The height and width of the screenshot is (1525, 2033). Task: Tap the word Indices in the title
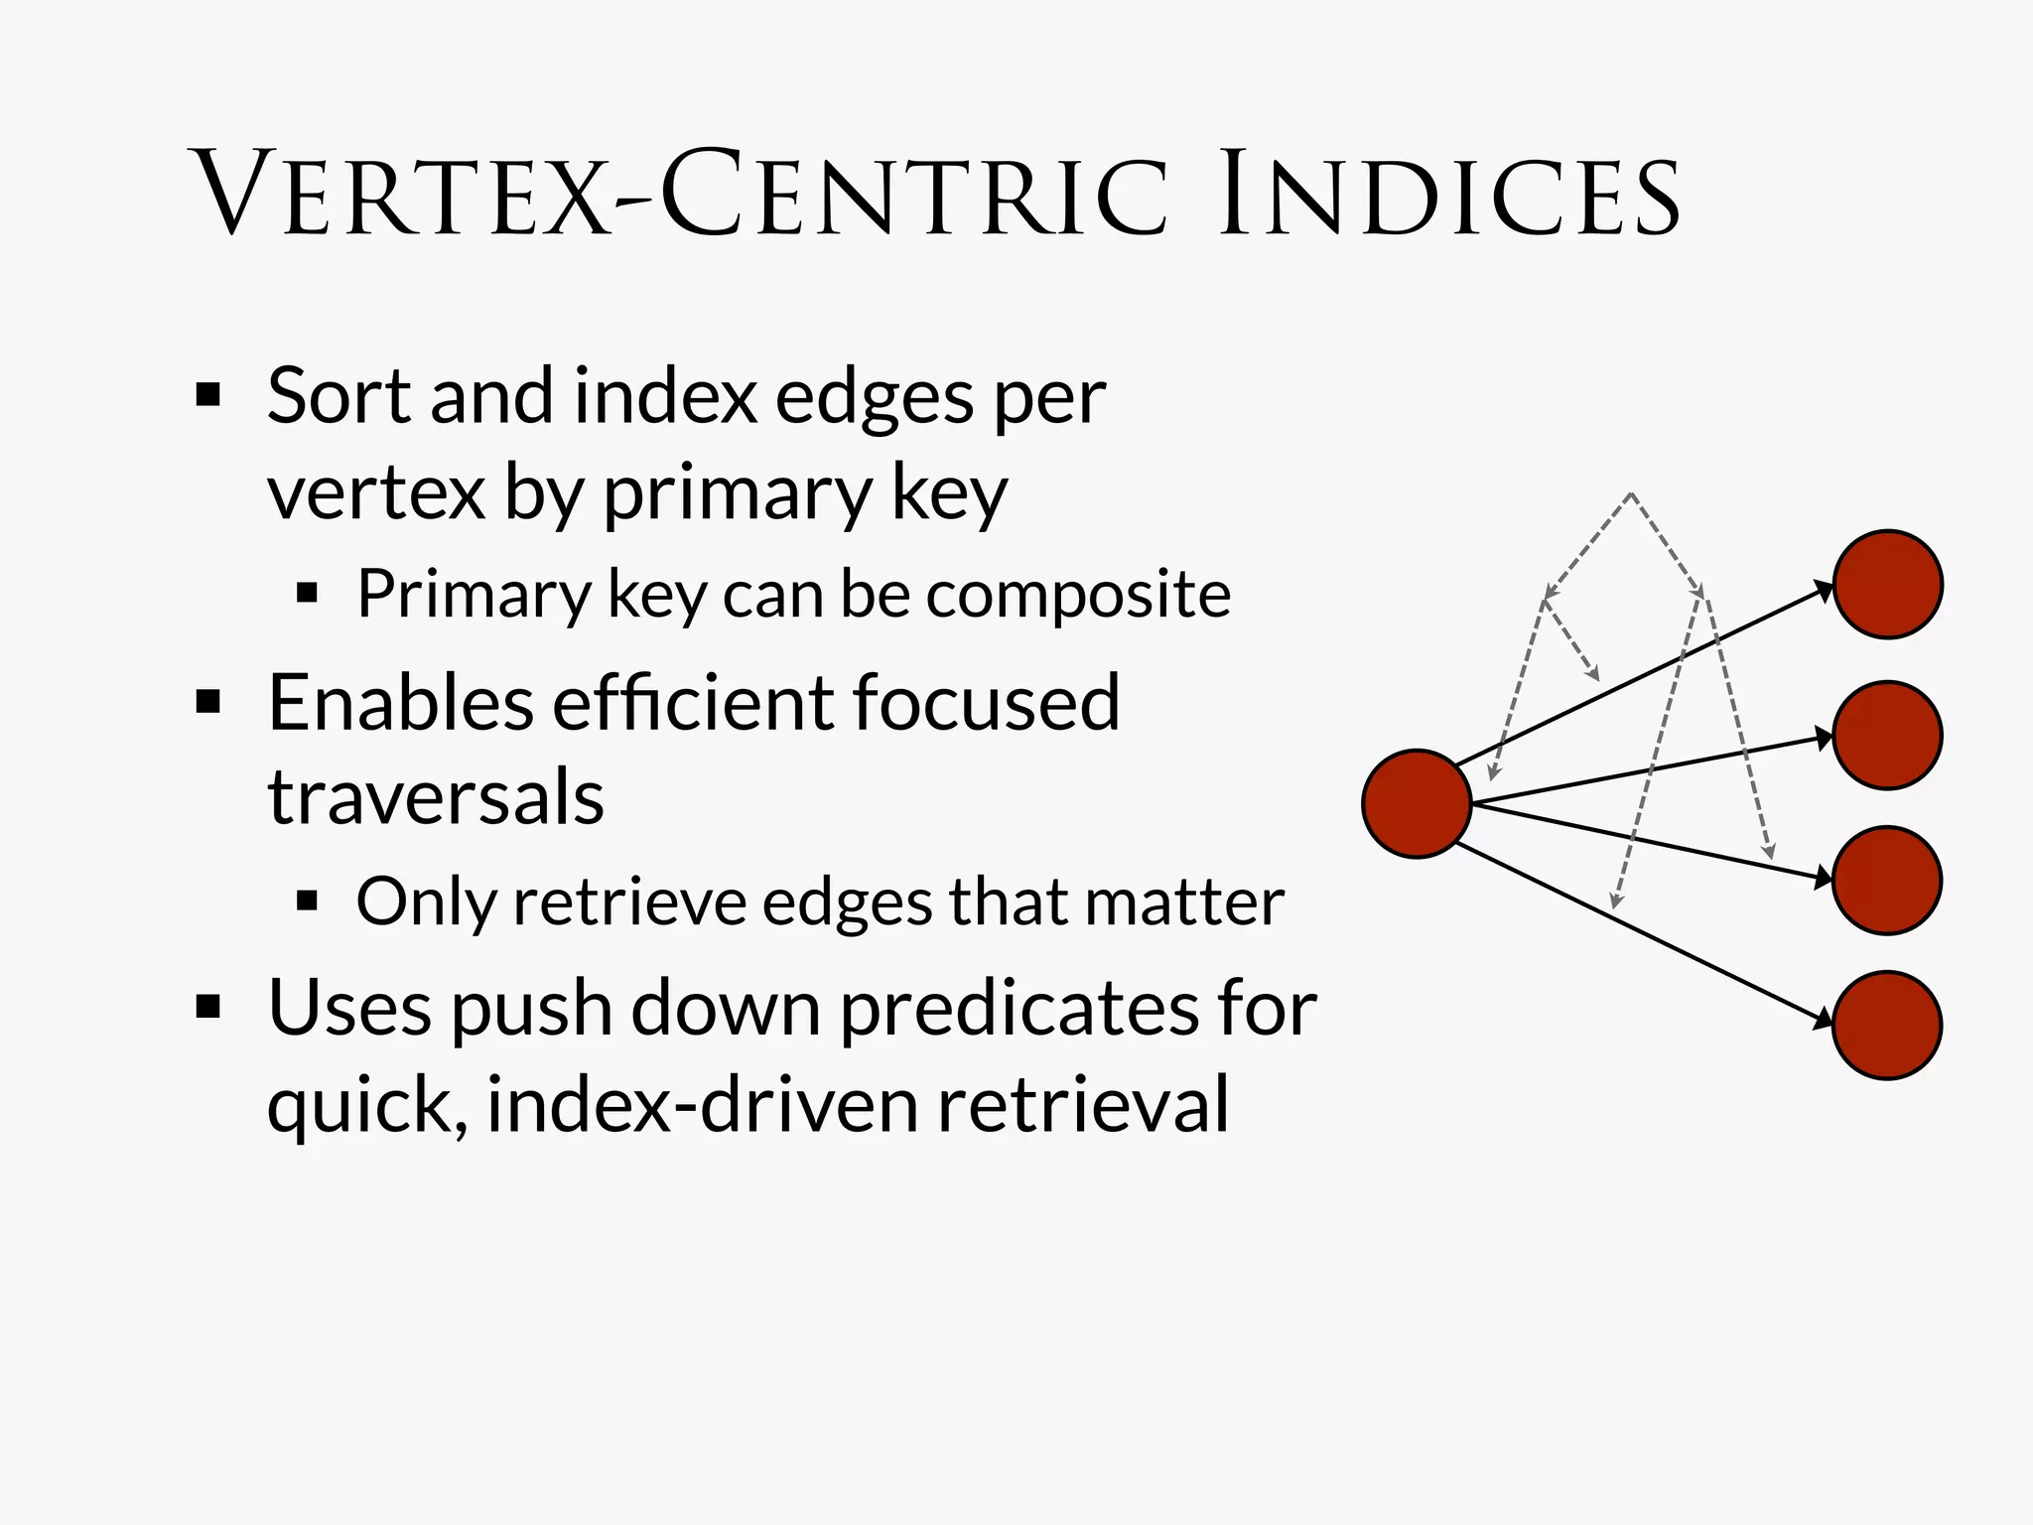pyautogui.click(x=1448, y=195)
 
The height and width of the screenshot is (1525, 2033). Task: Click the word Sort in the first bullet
pyautogui.click(x=338, y=396)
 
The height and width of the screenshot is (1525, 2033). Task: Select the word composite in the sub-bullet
pyautogui.click(x=1078, y=595)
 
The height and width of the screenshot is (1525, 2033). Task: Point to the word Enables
pyautogui.click(x=400, y=703)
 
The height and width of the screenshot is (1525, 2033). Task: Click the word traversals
pyautogui.click(x=436, y=797)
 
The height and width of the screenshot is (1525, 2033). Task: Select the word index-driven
pyautogui.click(x=702, y=1104)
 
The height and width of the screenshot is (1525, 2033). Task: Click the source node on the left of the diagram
pyautogui.click(x=1417, y=803)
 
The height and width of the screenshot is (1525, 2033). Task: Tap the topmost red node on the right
pyautogui.click(x=1887, y=584)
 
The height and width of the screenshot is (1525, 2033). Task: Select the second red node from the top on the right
pyautogui.click(x=1887, y=735)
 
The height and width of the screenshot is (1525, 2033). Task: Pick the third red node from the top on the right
pyautogui.click(x=1887, y=880)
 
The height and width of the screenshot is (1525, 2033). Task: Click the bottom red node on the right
pyautogui.click(x=1887, y=1025)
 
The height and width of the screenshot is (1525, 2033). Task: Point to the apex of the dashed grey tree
pyautogui.click(x=1631, y=493)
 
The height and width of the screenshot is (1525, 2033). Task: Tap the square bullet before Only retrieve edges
pyautogui.click(x=307, y=901)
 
